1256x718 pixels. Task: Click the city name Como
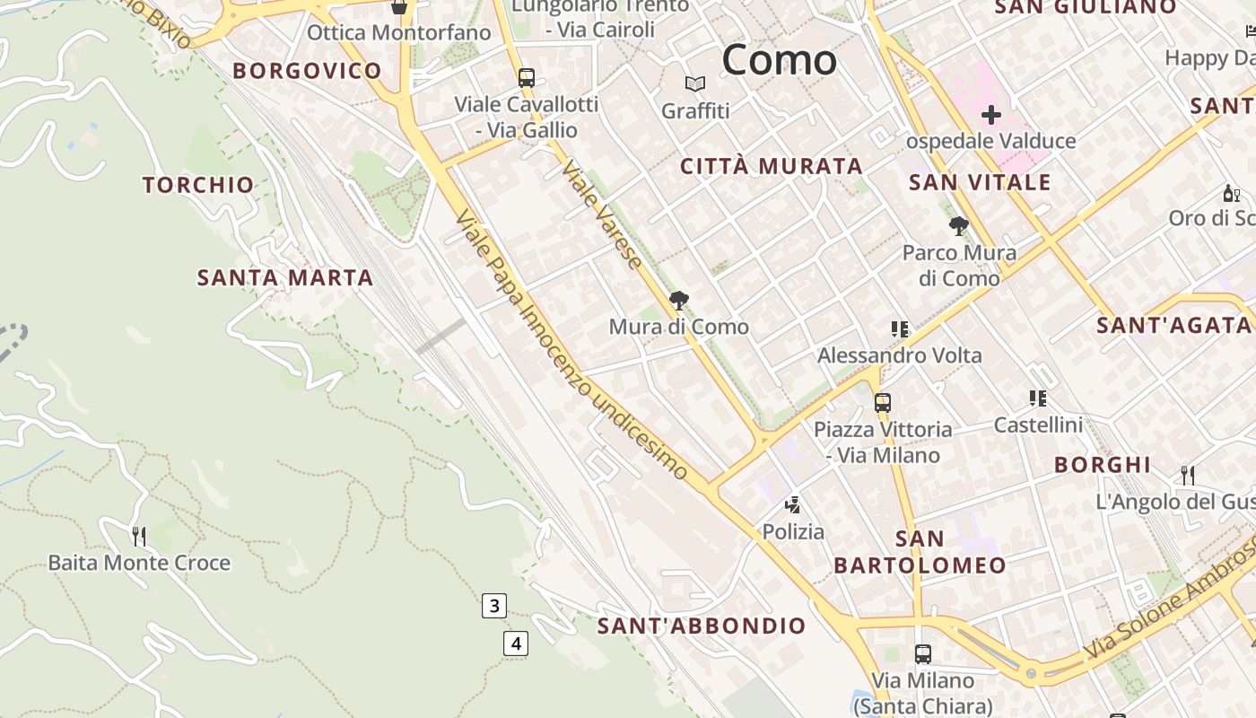tap(779, 60)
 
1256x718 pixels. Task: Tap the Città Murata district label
tap(772, 166)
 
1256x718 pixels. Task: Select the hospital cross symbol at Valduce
tap(991, 115)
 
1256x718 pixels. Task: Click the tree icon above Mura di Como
tap(679, 301)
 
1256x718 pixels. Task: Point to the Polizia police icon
tap(792, 505)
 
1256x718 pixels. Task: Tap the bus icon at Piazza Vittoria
tap(883, 403)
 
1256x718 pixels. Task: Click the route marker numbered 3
tap(494, 606)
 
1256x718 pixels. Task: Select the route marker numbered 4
tap(515, 643)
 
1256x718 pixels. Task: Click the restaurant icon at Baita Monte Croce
tap(139, 537)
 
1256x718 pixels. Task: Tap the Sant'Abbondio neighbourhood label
tap(702, 626)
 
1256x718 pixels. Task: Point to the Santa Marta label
tap(285, 277)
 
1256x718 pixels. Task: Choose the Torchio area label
tap(198, 185)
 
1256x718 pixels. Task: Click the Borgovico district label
tap(307, 71)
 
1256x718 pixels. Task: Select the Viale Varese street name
tap(602, 215)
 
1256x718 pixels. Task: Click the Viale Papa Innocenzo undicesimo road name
tap(571, 346)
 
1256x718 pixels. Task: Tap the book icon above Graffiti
tap(695, 84)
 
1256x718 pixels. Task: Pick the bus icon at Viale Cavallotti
tap(527, 78)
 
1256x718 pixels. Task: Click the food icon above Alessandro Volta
tap(900, 329)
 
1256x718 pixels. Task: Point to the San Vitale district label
tap(980, 183)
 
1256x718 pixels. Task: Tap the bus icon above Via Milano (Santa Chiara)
tap(922, 654)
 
